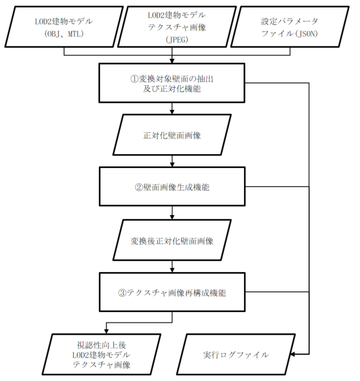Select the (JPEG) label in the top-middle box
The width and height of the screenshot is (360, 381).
172,39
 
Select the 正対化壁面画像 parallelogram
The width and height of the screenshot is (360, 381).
172,134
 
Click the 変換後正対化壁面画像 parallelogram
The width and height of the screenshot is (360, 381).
172,240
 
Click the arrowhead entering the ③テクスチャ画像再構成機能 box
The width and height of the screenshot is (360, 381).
172,272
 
